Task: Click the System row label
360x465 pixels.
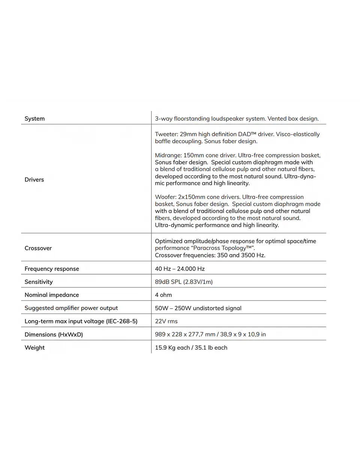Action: coord(34,119)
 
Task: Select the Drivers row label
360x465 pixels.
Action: coord(34,179)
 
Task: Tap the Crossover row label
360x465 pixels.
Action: coord(38,248)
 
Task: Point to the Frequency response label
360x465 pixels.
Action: coord(52,269)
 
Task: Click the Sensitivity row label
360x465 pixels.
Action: coord(39,282)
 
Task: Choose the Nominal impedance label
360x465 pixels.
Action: coord(52,295)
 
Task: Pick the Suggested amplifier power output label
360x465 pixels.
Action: coord(71,308)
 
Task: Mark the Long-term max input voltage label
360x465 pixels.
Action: coord(81,321)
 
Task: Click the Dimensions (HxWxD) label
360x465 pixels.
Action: coord(54,334)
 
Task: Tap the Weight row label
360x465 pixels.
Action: coord(34,347)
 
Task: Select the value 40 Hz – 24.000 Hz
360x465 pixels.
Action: coord(180,269)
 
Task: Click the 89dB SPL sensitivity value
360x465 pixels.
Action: coord(184,282)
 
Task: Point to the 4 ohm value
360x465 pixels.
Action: coord(163,295)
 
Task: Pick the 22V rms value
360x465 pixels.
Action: coord(166,321)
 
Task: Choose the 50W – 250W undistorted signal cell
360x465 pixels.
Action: coord(198,308)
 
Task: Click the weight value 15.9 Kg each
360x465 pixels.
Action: coord(172,347)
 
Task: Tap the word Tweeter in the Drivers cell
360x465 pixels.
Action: coord(165,134)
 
